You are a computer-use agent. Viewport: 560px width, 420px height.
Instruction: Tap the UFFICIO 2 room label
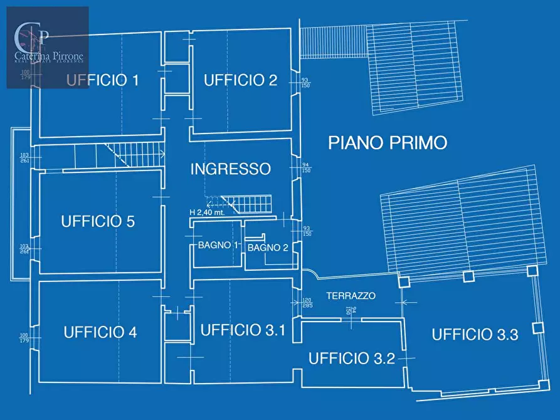(x=240, y=80)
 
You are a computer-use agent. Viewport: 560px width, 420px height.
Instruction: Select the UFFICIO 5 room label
(x=98, y=221)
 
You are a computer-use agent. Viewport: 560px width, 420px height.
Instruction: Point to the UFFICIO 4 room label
(x=100, y=332)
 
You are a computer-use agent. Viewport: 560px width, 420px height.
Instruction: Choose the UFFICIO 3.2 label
(x=351, y=359)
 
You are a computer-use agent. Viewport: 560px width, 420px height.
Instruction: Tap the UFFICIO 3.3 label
(x=475, y=335)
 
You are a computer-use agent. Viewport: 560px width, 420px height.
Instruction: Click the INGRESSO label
(x=230, y=169)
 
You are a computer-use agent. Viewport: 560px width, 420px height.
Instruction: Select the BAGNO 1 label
(x=218, y=245)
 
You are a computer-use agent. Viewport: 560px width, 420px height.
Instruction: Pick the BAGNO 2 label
(x=268, y=248)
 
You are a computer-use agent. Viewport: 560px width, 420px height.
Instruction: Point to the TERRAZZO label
(x=351, y=295)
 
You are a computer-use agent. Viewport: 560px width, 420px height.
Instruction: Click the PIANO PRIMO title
(x=388, y=143)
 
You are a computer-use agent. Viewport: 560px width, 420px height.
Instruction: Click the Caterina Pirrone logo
(x=48, y=47)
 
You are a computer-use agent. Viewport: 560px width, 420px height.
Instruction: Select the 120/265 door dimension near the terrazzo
(x=307, y=303)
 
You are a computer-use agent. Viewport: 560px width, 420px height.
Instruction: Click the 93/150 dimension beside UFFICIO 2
(x=305, y=83)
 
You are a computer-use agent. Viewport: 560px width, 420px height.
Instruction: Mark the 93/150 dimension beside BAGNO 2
(x=307, y=231)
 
